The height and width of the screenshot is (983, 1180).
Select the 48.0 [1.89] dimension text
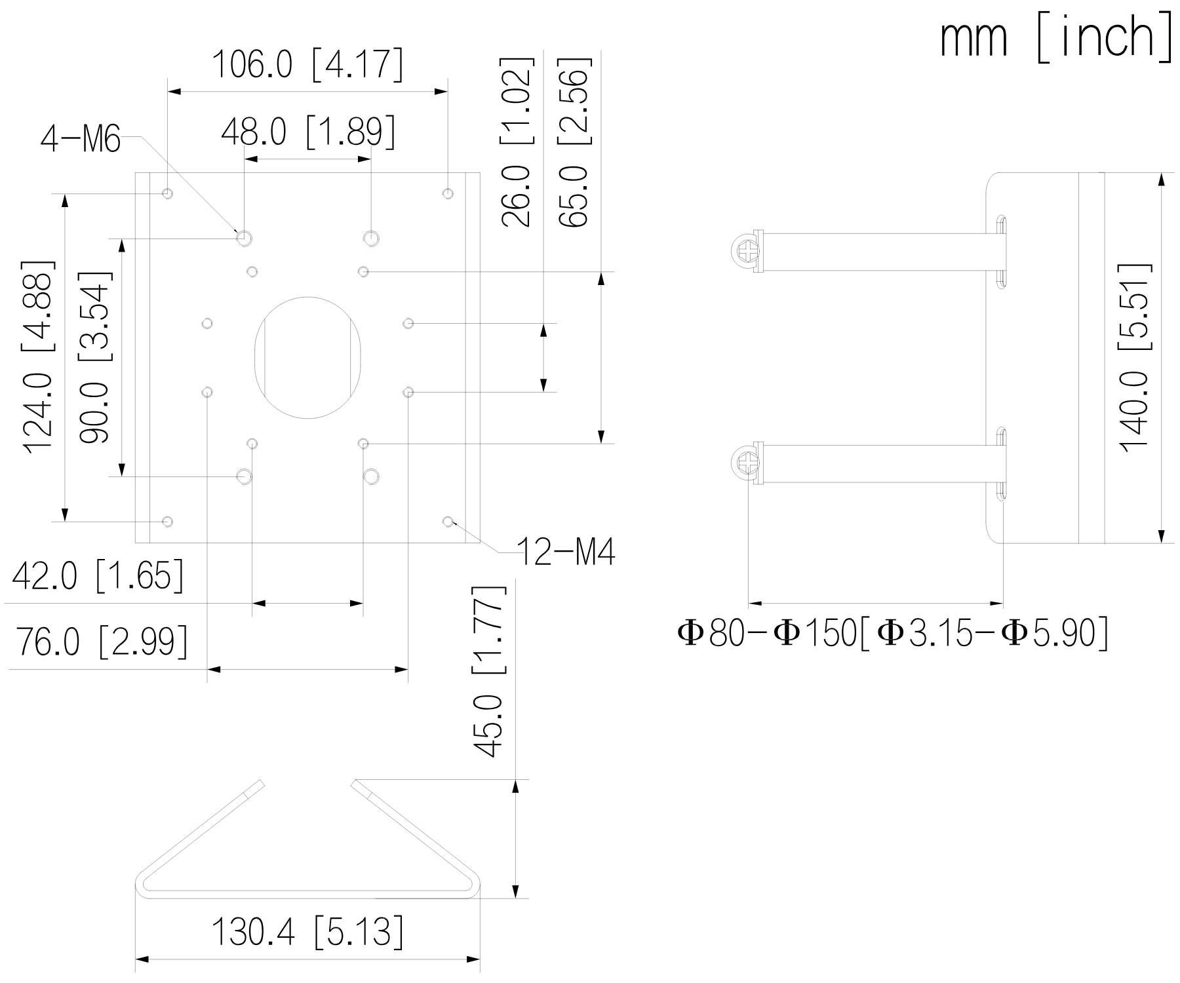[x=308, y=132]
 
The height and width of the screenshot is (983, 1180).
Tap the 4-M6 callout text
[x=80, y=140]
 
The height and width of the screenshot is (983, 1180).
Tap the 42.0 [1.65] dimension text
[x=98, y=576]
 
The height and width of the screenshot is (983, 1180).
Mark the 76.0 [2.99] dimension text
[x=102, y=642]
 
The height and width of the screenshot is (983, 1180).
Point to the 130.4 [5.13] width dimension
[x=307, y=932]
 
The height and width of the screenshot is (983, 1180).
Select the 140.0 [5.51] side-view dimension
[x=1133, y=357]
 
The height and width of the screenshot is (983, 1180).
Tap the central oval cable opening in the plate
[x=307, y=357]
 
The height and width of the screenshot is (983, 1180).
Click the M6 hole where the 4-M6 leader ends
[x=244, y=238]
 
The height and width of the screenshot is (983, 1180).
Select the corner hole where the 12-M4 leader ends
[x=448, y=522]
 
